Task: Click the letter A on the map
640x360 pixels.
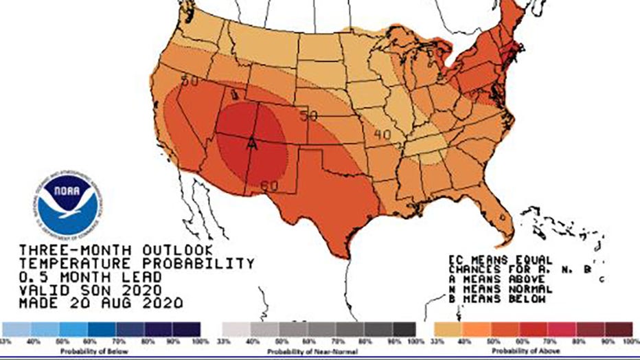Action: pos(252,144)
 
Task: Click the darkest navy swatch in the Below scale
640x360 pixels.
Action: pos(186,329)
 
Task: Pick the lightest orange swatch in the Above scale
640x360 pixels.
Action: pos(447,329)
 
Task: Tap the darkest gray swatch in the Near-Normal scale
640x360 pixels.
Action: pos(403,329)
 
